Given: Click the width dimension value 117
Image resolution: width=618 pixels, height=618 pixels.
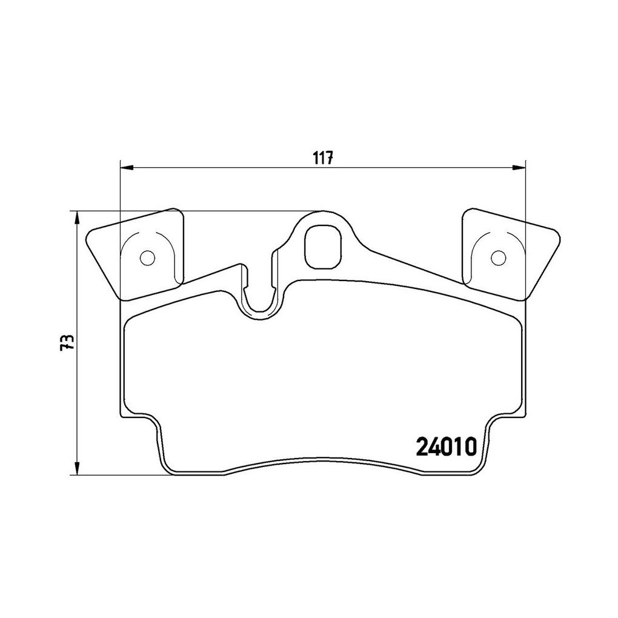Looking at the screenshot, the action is click(x=324, y=158).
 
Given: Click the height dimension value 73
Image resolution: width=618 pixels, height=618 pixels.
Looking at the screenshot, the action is click(x=67, y=342).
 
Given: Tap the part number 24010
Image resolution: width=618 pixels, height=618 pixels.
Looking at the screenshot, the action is click(x=447, y=447).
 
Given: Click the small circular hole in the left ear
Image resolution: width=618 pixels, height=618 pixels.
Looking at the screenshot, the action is click(x=148, y=257).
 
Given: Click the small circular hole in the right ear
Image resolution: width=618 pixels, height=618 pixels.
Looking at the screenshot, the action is click(x=498, y=257).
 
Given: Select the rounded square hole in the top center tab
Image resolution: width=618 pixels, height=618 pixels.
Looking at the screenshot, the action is click(x=322, y=247).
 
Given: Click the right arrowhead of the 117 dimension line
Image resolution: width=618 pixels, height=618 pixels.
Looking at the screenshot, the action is click(x=518, y=168).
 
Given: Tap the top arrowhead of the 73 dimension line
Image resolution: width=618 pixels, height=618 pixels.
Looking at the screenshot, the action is click(x=78, y=218).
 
